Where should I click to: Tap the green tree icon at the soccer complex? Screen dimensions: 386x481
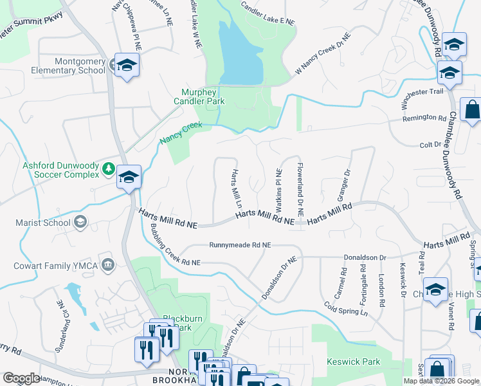point(109,169)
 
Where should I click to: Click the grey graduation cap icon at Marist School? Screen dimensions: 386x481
point(80,223)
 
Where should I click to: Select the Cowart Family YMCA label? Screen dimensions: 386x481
point(55,265)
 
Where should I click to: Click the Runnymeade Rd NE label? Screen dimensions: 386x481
point(240,245)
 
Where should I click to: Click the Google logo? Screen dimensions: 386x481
point(21,378)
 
